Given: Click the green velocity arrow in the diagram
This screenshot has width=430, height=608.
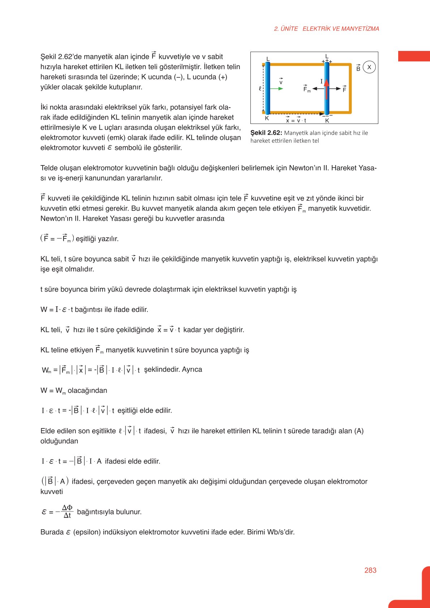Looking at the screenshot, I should pyautogui.click(x=277, y=89).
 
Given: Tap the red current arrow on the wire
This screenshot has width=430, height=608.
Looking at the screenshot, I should pyautogui.click(x=327, y=89).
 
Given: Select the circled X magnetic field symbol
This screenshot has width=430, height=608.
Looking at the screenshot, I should pyautogui.click(x=369, y=67).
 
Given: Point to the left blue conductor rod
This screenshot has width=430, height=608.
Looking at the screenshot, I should pyautogui.click(x=267, y=88).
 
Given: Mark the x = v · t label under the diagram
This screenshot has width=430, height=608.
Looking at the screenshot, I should pyautogui.click(x=296, y=121).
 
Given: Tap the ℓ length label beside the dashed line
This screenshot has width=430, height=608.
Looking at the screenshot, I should pyautogui.click(x=260, y=89).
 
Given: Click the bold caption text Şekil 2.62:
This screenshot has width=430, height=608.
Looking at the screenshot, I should pyautogui.click(x=266, y=133).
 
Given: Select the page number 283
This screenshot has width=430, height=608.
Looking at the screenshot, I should pyautogui.click(x=370, y=570).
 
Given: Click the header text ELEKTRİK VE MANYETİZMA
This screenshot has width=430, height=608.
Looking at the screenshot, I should pyautogui.click(x=341, y=29).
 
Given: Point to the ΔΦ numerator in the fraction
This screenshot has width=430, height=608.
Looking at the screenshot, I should pyautogui.click(x=67, y=508).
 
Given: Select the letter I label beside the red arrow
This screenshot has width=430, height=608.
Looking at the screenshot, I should pyautogui.click(x=321, y=82).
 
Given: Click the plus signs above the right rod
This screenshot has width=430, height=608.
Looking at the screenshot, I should pyautogui.click(x=327, y=61).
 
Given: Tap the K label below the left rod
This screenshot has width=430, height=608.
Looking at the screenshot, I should pyautogui.click(x=267, y=118).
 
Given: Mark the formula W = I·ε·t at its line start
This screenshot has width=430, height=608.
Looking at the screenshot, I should pyautogui.click(x=57, y=310).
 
